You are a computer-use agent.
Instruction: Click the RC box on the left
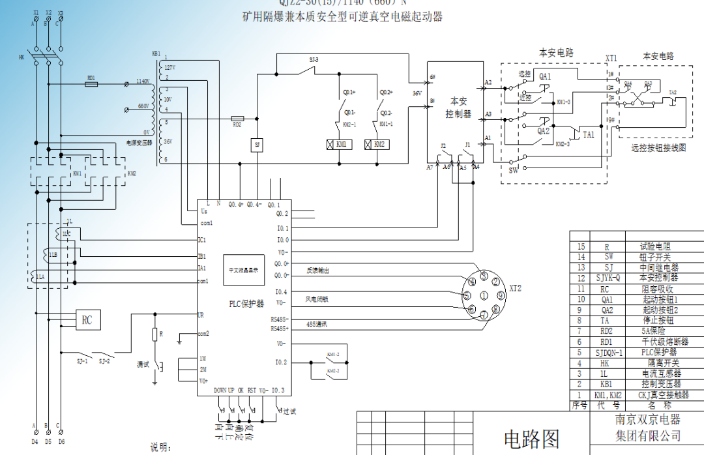[x=87, y=319]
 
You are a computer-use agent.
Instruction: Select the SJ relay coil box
[x=257, y=144]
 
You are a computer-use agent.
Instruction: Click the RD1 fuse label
[x=91, y=77]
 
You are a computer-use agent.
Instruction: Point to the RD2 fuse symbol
[x=237, y=119]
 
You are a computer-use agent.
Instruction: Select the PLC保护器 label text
[x=246, y=304]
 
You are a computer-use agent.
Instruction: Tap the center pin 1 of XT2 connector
[x=483, y=296]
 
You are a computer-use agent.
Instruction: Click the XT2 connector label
[x=516, y=287]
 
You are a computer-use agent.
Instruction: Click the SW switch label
[x=513, y=170]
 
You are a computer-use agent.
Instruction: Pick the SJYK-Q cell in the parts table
[x=606, y=278]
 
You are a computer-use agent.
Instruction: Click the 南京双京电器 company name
[x=648, y=419]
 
